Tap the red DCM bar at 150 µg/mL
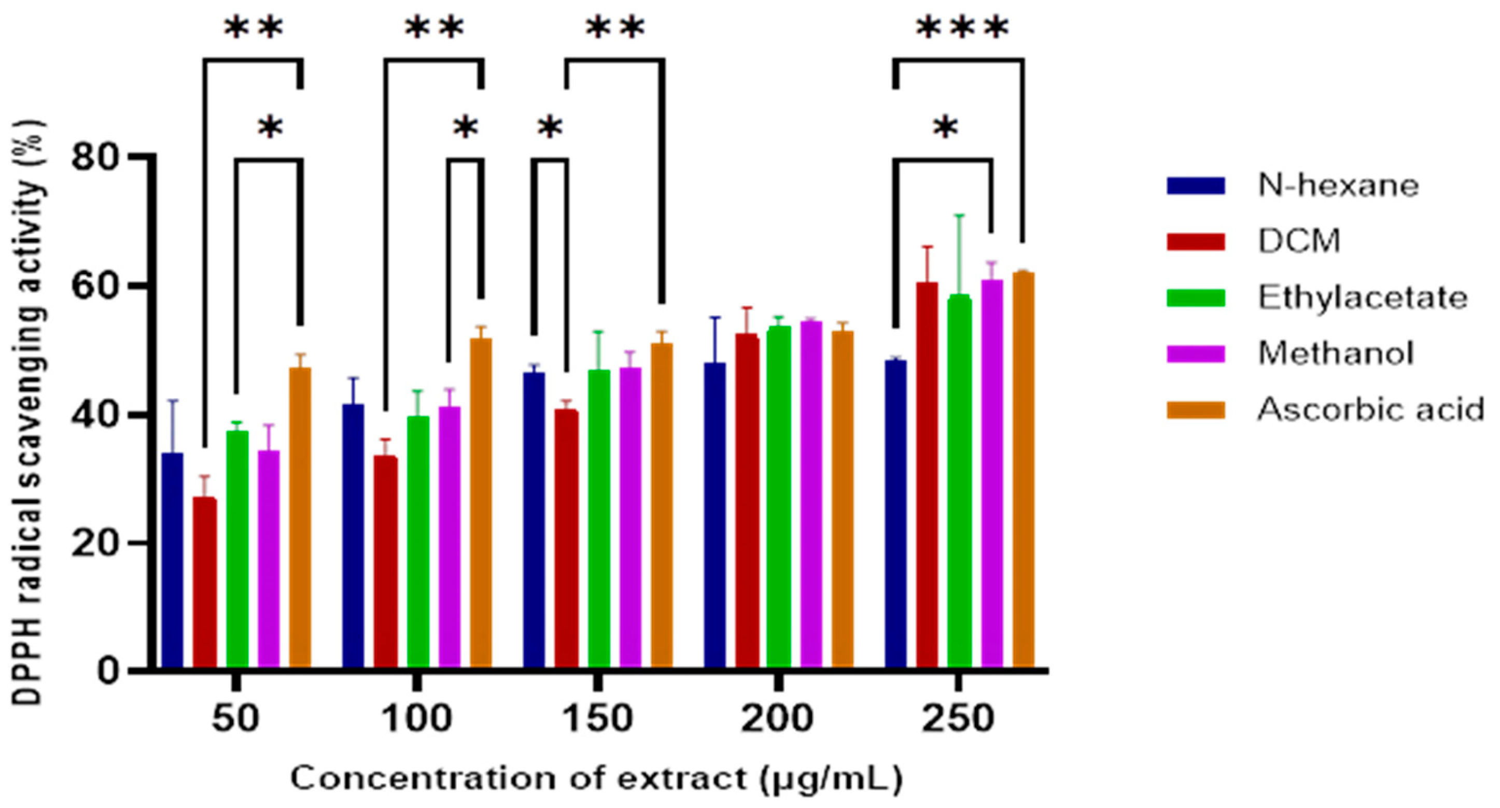566,538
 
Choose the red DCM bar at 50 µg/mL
204,582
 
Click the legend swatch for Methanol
1196,354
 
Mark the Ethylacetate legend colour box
1196,297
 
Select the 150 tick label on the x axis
597,719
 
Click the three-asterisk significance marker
962,28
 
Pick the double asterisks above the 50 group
254,28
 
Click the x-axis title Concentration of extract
596,779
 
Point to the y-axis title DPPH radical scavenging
28,413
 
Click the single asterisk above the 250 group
945,128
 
